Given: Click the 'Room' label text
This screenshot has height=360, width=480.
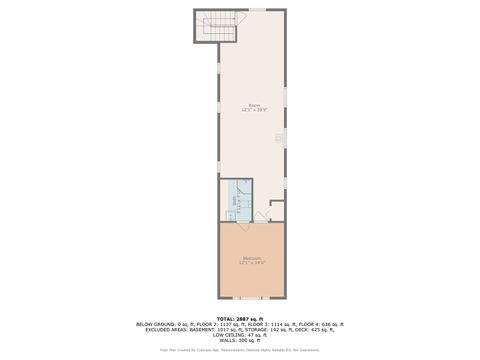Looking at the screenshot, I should (253, 105).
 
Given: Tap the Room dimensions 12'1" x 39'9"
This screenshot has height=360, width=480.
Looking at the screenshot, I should (253, 110).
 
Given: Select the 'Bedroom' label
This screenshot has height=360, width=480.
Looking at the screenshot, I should (252, 258).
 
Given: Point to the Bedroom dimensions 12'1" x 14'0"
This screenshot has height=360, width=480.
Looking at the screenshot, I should (252, 263).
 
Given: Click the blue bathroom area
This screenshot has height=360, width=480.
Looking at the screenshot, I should (242, 195).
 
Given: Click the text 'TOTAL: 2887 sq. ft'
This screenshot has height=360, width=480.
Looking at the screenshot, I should (240, 318).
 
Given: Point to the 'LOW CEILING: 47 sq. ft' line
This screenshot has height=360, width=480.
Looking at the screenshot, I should (240, 334).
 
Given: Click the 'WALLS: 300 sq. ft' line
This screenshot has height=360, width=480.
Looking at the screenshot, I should (240, 340).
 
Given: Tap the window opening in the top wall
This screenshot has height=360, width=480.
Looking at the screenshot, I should (257, 10).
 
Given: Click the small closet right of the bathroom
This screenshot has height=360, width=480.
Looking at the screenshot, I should (276, 210).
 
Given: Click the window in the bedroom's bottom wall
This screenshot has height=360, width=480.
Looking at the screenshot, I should (251, 298).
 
